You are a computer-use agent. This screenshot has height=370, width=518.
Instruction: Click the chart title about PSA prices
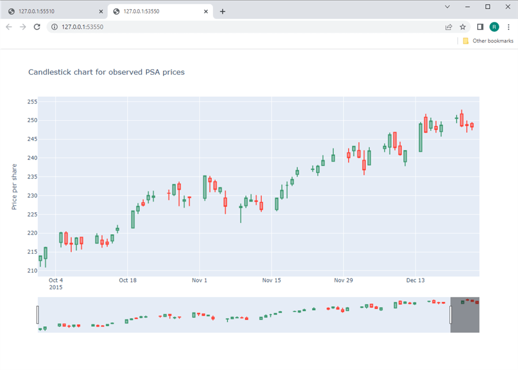click(106, 73)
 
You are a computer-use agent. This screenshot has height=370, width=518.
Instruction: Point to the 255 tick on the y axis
click(32, 102)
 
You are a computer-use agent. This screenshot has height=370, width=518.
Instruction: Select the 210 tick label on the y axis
click(32, 270)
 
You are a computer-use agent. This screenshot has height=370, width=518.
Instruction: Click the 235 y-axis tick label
click(32, 177)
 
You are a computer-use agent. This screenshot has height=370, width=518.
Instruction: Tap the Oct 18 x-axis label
click(128, 281)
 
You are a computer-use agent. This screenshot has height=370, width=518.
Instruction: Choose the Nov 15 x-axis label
click(271, 281)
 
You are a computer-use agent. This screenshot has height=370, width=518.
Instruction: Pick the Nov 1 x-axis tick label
click(199, 281)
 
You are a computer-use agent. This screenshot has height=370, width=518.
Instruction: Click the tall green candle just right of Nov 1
click(205, 188)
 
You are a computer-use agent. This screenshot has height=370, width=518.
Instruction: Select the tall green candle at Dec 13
click(421, 138)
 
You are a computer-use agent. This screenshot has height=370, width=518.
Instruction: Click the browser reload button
click(37, 27)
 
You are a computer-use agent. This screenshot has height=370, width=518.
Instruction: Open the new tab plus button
click(223, 12)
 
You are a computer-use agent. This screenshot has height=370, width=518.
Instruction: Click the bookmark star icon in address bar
click(463, 27)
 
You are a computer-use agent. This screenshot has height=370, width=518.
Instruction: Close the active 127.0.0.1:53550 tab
click(205, 12)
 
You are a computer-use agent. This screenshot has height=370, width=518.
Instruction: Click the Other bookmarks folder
click(488, 41)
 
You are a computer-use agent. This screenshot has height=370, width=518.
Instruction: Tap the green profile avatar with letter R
click(494, 27)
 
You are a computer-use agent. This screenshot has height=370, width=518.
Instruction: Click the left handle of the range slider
click(38, 315)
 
